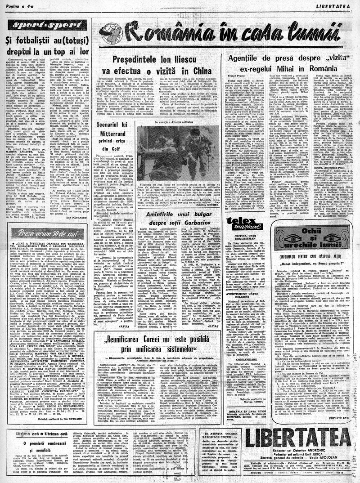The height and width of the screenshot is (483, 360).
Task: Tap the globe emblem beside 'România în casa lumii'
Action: [x=111, y=33]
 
